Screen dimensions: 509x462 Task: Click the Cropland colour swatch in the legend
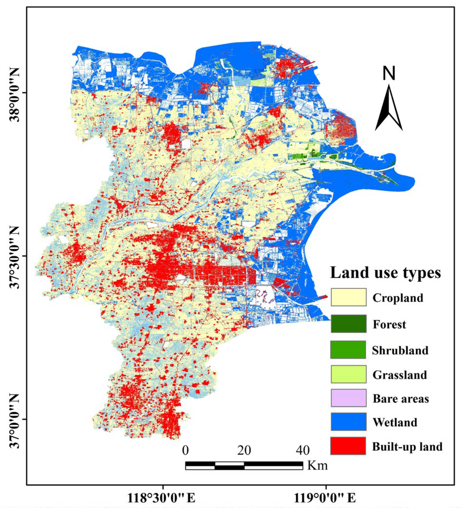pos(348,297)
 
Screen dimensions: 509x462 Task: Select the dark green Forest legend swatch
pos(348,323)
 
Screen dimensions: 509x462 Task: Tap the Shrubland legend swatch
pos(348,350)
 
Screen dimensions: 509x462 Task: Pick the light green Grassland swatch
pos(348,374)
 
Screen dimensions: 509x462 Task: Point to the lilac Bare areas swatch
pos(348,398)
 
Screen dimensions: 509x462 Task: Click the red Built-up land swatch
pos(348,446)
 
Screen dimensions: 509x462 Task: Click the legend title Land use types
pos(386,273)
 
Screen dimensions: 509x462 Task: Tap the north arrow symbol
pos(389,109)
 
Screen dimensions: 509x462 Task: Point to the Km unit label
pos(317,465)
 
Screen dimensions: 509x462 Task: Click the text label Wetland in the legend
pos(395,422)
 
